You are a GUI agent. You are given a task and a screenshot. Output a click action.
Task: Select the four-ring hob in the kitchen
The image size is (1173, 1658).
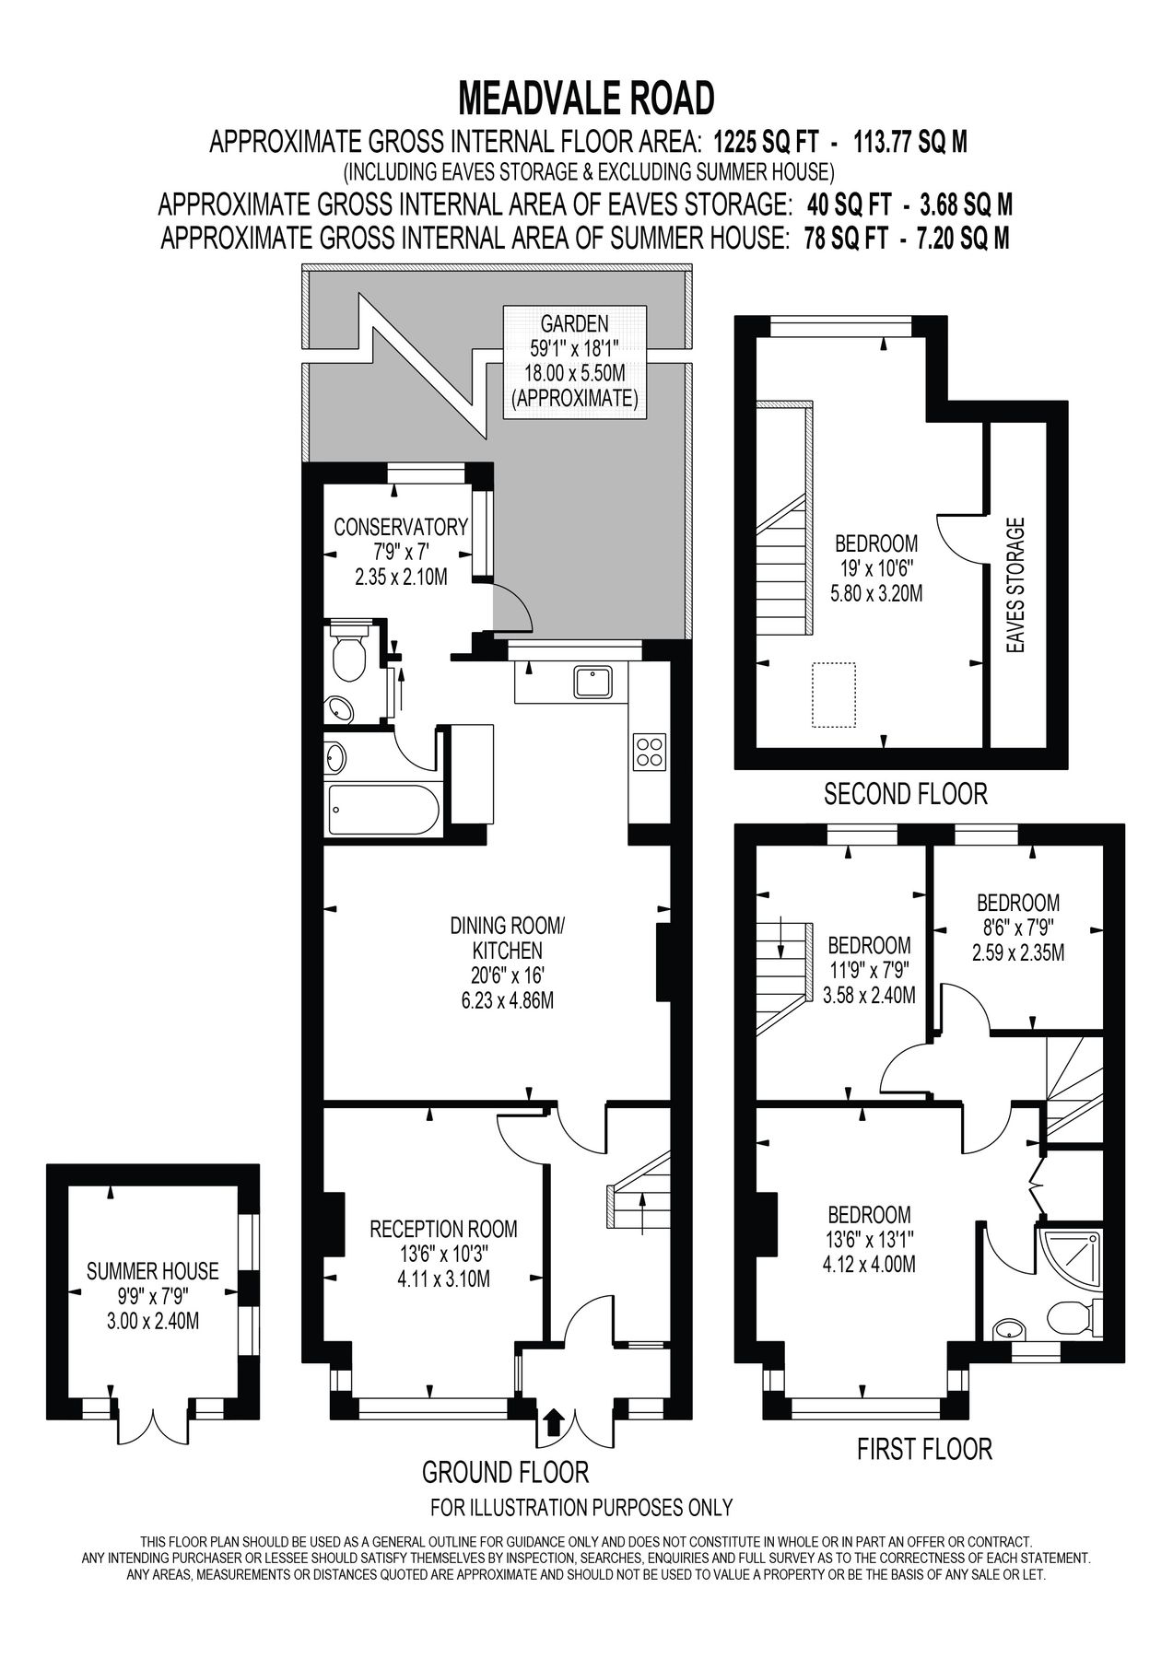coord(649,750)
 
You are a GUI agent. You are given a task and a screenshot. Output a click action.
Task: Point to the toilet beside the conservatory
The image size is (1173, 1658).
coord(349,655)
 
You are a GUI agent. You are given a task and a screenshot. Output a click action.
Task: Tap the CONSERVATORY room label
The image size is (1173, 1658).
coord(401,528)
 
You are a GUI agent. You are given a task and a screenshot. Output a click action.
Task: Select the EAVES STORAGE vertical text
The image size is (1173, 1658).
coord(1016,586)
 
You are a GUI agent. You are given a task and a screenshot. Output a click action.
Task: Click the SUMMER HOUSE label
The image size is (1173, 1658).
coord(153,1272)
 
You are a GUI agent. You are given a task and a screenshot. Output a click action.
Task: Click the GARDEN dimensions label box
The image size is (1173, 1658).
coord(574,361)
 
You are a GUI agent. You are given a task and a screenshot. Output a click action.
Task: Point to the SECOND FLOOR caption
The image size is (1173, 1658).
coord(905,793)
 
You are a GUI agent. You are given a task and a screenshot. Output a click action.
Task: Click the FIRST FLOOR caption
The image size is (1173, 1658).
coord(924,1450)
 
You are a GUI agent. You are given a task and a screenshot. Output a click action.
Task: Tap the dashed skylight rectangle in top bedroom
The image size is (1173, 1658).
coord(834,695)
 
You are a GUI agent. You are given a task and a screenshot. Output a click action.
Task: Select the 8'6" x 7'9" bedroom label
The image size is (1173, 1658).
coord(1017,928)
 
